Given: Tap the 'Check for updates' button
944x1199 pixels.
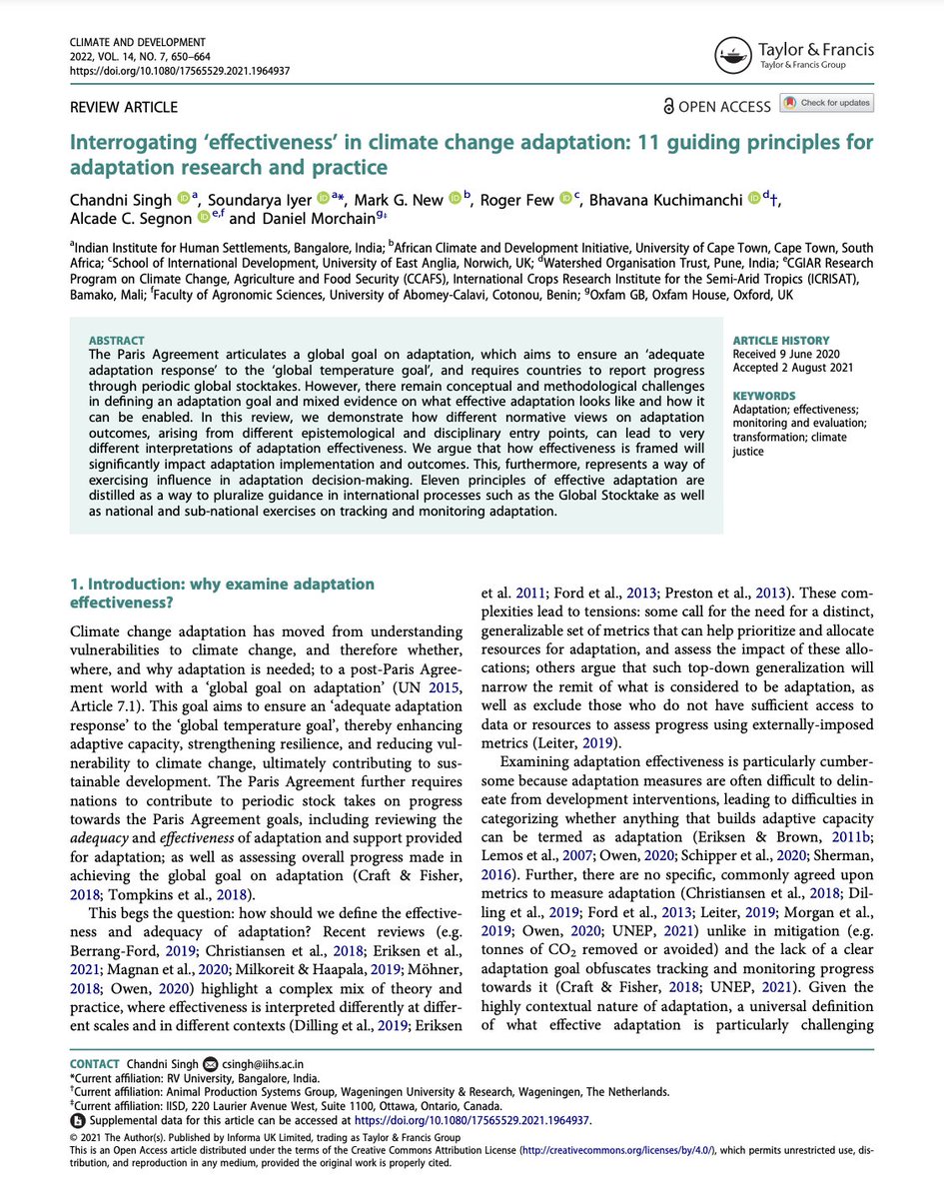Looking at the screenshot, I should tap(827, 103).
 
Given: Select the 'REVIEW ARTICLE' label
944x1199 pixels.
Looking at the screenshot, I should tap(124, 107).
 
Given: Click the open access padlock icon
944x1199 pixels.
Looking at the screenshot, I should tap(668, 106).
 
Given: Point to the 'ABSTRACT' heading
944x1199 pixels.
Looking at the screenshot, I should tap(116, 341).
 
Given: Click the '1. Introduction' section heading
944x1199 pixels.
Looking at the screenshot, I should tap(222, 593).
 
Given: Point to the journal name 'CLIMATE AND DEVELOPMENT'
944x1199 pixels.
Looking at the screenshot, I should tap(138, 43).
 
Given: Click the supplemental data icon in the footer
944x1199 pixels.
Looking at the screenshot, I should tap(76, 1120).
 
